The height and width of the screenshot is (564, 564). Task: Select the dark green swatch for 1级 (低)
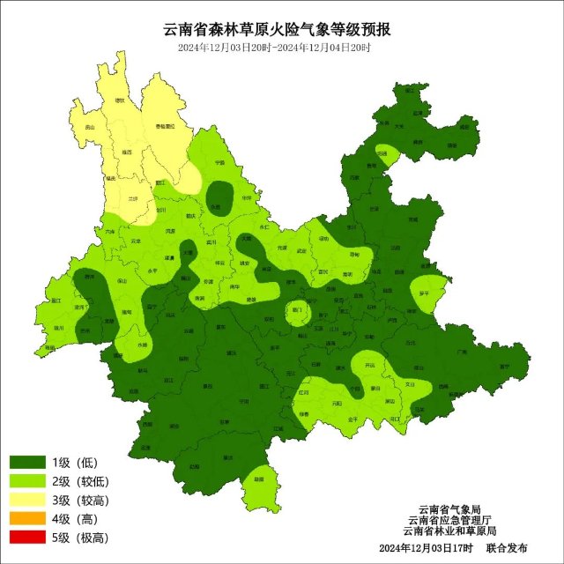27,463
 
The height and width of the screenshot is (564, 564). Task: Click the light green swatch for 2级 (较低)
27,482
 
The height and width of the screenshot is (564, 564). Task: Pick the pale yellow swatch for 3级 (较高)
27,501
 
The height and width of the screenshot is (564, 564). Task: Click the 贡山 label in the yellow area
89,128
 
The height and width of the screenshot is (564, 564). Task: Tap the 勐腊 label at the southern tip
258,479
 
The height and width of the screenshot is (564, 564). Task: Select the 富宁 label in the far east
504,366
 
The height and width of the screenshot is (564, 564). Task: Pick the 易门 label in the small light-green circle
296,309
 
